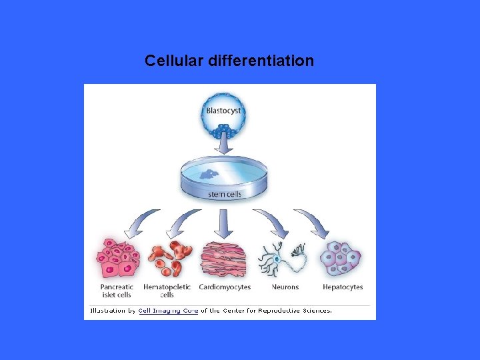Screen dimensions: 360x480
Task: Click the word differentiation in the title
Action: [x=261, y=61]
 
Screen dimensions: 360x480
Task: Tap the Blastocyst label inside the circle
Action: [x=223, y=111]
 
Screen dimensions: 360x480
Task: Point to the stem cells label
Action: [x=225, y=195]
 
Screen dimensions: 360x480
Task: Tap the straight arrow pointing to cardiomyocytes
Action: [x=223, y=223]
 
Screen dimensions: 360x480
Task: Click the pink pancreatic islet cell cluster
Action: [x=119, y=258]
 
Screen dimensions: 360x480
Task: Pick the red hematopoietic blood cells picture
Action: [x=167, y=258]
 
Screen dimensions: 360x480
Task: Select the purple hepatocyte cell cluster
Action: [x=341, y=258]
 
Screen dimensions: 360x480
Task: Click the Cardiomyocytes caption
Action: [x=225, y=287]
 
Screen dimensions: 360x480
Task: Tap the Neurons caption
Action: [x=285, y=287]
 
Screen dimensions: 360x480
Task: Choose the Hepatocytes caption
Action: [x=343, y=287]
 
